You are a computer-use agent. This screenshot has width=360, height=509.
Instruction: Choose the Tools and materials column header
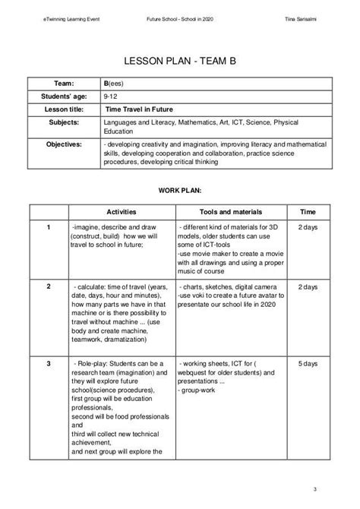click(x=230, y=212)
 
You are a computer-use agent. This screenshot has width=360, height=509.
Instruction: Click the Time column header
click(x=308, y=212)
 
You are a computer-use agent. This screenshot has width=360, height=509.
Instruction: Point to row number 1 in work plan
click(x=49, y=227)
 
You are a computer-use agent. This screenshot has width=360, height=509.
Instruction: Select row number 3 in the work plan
click(x=49, y=365)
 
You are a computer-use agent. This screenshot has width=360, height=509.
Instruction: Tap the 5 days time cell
click(x=308, y=365)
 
